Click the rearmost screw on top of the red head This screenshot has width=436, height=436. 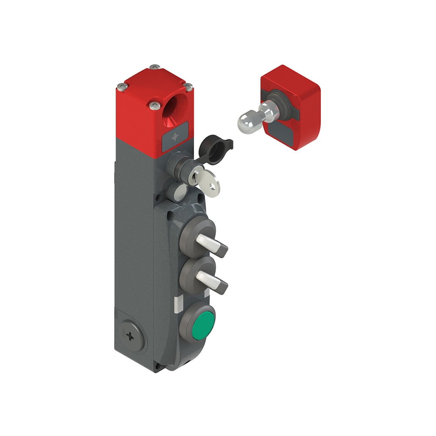(x=155, y=67)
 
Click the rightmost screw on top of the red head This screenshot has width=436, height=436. (x=188, y=87)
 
